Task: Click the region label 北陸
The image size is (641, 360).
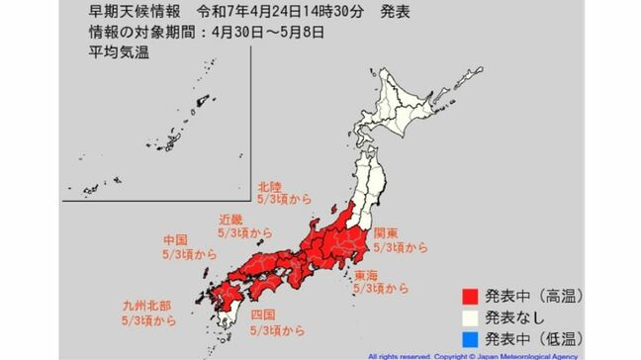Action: tap(269, 186)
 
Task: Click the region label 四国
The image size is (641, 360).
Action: tap(262, 315)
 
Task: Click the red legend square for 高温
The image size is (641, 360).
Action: tap(472, 295)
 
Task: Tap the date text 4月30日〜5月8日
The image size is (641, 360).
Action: tap(261, 31)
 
